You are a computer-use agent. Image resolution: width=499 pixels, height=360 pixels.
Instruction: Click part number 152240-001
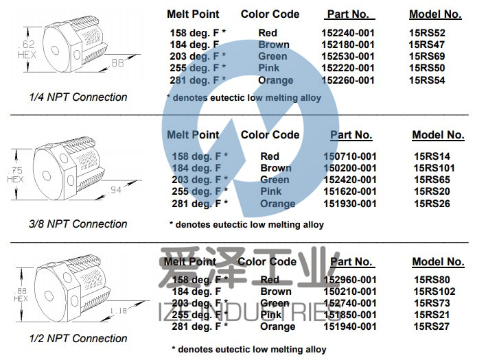click(348, 33)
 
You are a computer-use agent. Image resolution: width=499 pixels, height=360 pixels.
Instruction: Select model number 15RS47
click(426, 45)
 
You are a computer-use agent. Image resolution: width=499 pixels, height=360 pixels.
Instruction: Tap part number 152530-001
click(348, 56)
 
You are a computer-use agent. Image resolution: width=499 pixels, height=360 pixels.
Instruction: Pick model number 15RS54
click(426, 80)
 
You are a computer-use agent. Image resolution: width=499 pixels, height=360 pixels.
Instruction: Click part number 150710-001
click(350, 156)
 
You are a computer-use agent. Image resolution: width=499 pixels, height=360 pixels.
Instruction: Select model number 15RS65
click(432, 180)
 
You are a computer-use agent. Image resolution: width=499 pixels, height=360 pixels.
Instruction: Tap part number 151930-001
click(350, 204)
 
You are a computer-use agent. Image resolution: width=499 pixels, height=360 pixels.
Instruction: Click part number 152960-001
click(350, 280)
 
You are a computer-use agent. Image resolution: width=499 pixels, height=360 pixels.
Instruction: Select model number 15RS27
click(432, 327)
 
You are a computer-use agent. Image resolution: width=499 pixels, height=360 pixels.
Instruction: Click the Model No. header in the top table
click(435, 14)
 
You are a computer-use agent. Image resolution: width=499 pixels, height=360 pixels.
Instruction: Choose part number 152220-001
click(348, 68)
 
